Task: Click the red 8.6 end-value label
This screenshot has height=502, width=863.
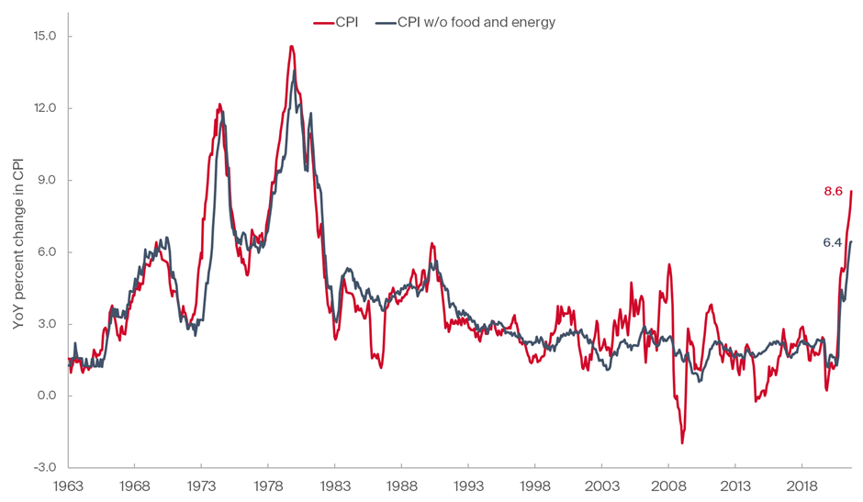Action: [833, 192]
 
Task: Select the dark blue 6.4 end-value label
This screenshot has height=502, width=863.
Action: [833, 243]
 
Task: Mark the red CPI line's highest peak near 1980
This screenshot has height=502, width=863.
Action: [291, 46]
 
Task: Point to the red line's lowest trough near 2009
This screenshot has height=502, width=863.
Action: [682, 443]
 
